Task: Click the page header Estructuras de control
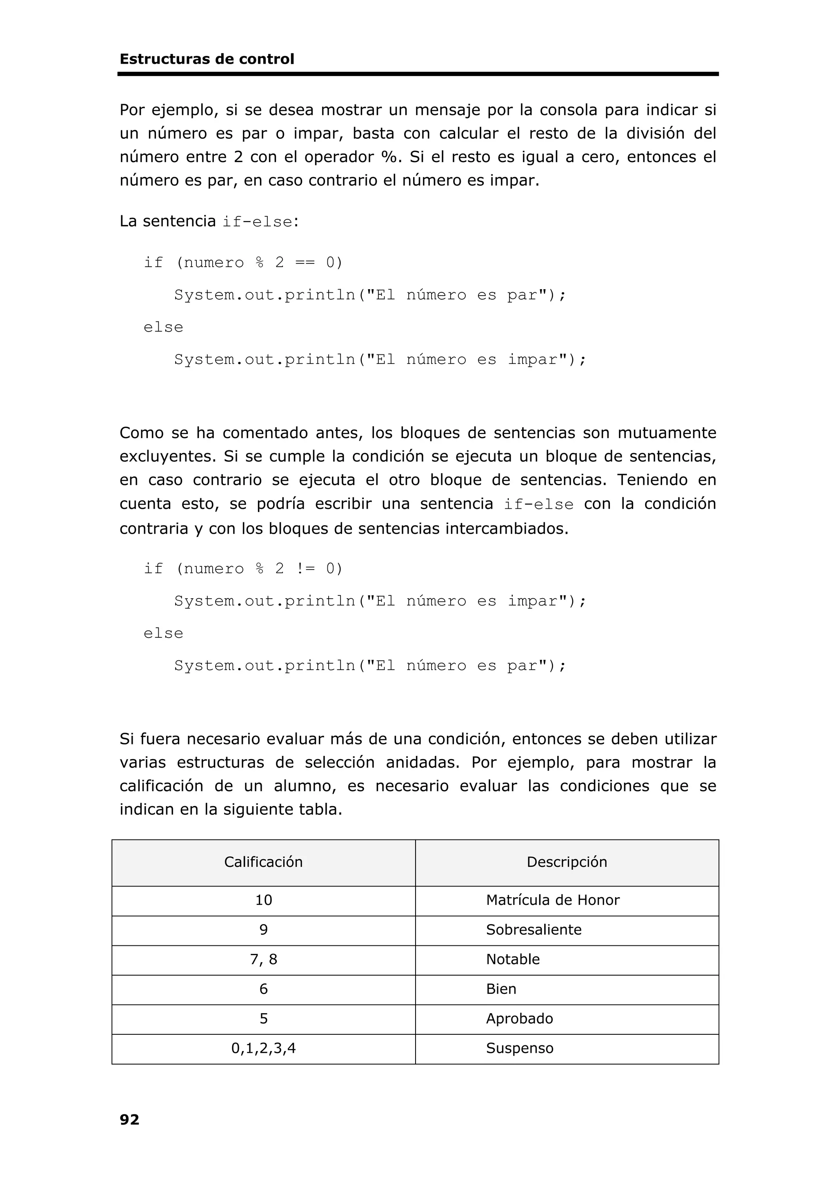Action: point(207,59)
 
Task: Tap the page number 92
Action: point(129,1119)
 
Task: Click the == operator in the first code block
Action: point(305,263)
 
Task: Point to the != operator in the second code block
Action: point(305,569)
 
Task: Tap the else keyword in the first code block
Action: point(163,327)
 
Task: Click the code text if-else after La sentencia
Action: point(257,222)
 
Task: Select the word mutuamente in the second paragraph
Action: point(667,433)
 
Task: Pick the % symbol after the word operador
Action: point(388,157)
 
